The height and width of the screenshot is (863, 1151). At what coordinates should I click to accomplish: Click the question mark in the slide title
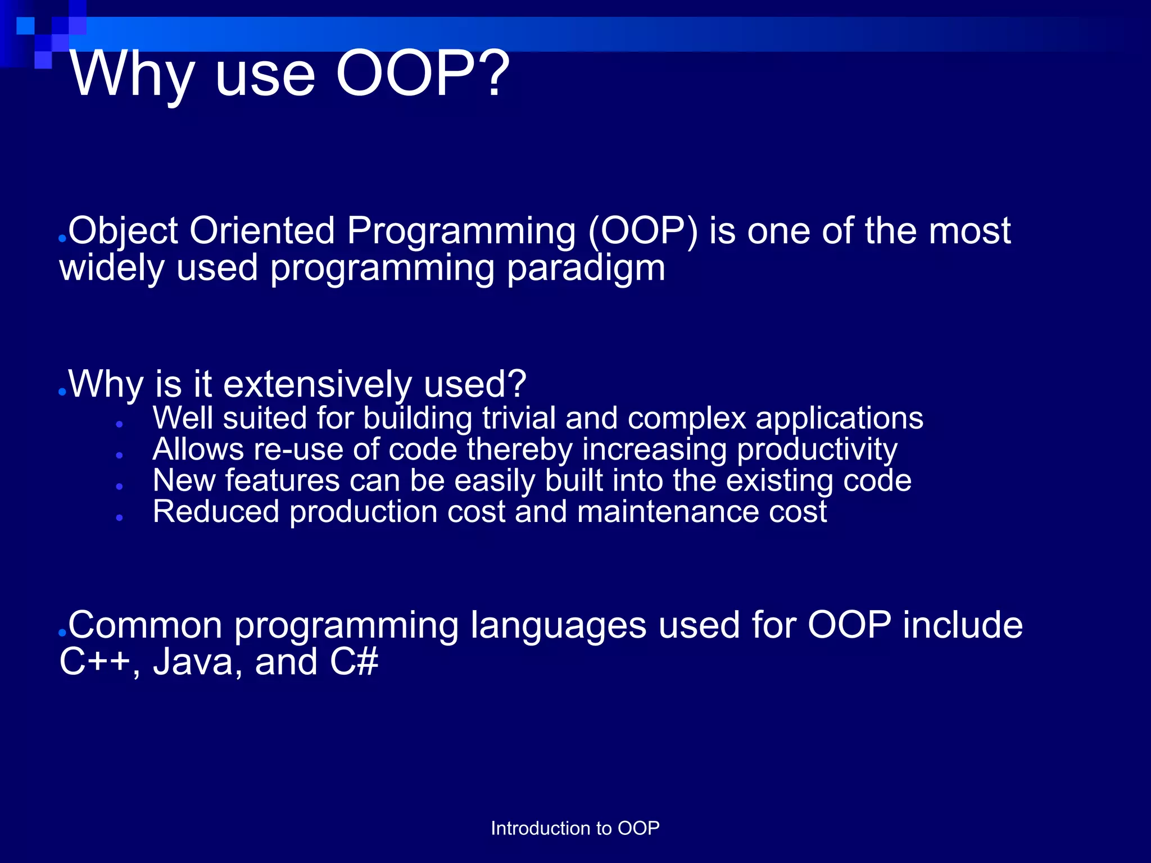click(x=495, y=74)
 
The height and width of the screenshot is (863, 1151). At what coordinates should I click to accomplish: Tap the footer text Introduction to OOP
click(x=575, y=828)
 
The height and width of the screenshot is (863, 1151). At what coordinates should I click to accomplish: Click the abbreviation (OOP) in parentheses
click(x=643, y=231)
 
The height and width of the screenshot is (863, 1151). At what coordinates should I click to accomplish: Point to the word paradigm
click(x=586, y=269)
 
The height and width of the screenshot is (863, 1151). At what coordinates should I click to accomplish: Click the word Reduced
click(x=216, y=512)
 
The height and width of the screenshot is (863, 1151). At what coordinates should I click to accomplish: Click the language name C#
click(x=354, y=662)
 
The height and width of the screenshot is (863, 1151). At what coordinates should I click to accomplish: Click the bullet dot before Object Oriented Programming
click(x=62, y=239)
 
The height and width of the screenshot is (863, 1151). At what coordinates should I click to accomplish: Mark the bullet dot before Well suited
click(x=120, y=425)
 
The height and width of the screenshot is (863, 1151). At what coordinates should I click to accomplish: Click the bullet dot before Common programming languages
click(x=62, y=633)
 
